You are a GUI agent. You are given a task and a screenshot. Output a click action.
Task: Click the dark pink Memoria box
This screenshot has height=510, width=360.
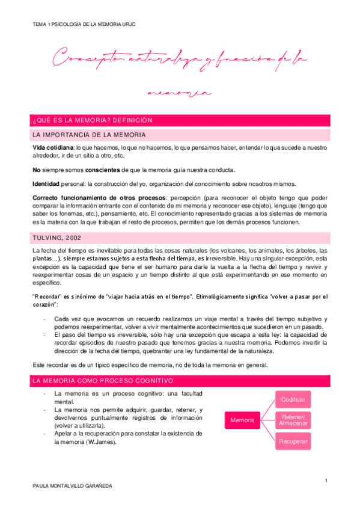(242, 420)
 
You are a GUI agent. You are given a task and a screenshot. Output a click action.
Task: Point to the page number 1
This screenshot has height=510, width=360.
(325, 480)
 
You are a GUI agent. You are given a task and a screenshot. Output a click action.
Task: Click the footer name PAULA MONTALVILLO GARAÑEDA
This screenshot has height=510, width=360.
(73, 485)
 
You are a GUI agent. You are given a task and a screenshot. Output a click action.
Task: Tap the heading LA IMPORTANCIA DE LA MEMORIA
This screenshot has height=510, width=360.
(90, 134)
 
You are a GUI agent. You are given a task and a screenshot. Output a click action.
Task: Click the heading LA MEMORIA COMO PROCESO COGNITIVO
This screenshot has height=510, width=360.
(103, 381)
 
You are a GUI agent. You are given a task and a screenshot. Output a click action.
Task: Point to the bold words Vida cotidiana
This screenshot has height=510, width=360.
(52, 147)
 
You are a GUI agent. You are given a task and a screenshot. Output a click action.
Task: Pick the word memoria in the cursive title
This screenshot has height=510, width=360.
(180, 94)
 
